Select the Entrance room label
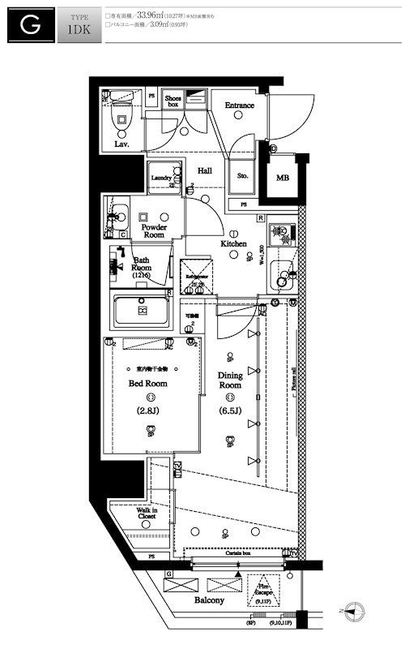coord(240,105)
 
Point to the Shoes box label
coord(173,101)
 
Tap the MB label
coord(282,178)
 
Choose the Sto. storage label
coord(241,175)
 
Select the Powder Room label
coord(154,231)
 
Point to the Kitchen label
coord(234,243)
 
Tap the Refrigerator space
coord(197,276)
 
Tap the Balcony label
coord(209,600)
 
